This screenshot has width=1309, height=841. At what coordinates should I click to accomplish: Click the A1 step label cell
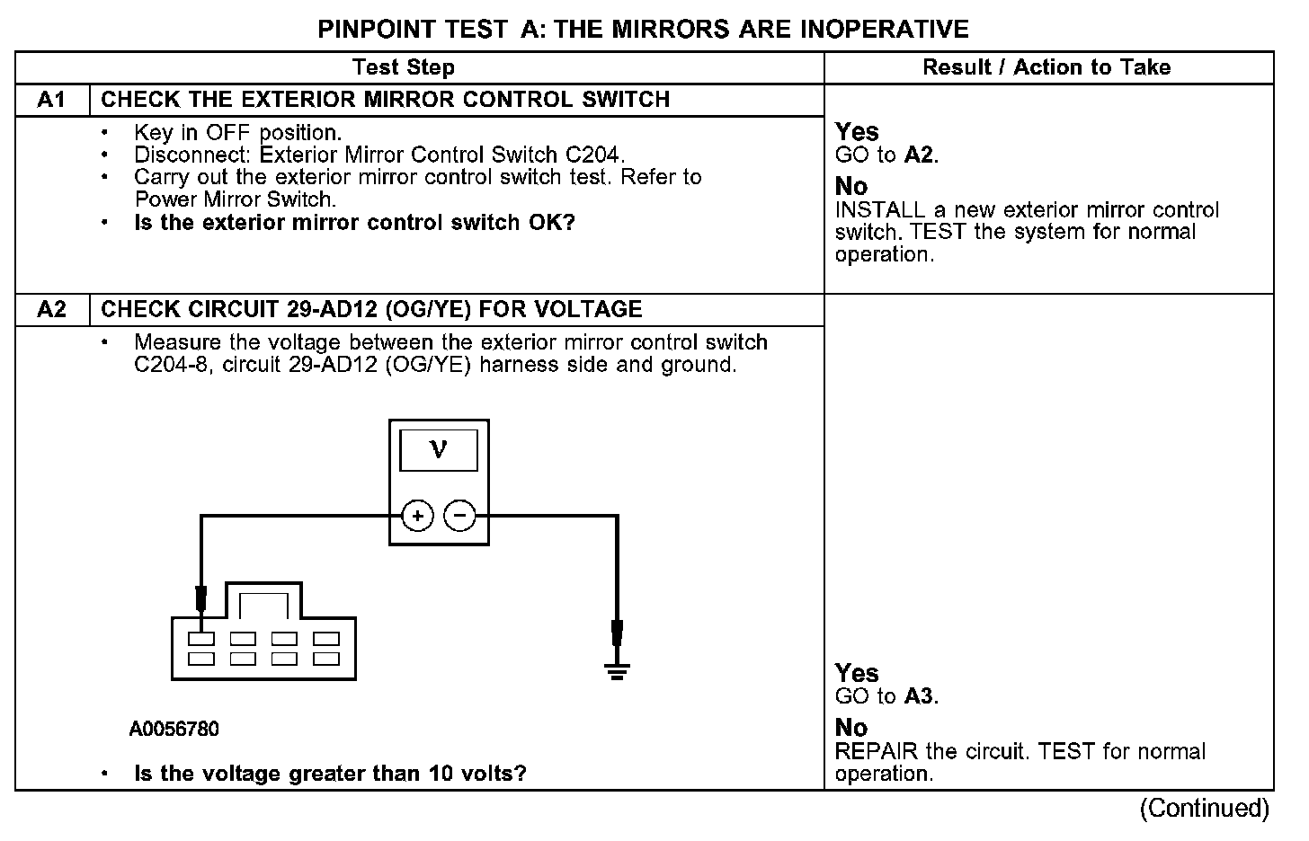[52, 100]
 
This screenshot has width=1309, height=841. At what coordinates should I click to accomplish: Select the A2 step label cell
[52, 310]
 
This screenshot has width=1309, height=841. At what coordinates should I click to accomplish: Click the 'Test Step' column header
[404, 67]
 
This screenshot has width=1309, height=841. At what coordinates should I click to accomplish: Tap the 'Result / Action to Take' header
[1046, 67]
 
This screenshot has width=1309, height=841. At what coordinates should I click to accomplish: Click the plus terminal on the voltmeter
[417, 516]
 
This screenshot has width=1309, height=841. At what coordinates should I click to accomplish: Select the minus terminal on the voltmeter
[459, 516]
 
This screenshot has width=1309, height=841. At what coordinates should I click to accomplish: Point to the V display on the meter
[439, 449]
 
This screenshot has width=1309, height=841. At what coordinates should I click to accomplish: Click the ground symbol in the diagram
[617, 669]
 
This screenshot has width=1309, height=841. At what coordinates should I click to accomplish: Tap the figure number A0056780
[174, 729]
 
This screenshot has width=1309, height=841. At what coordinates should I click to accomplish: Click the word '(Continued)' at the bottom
[1204, 809]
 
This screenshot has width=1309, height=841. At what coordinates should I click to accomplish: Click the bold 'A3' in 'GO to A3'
[920, 696]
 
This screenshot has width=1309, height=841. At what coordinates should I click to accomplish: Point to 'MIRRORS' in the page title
[670, 30]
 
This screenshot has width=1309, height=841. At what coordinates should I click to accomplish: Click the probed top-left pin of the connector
[201, 639]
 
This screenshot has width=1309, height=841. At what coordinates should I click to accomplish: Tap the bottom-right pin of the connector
[325, 659]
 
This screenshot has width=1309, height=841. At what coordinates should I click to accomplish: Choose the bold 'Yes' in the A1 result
[857, 132]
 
